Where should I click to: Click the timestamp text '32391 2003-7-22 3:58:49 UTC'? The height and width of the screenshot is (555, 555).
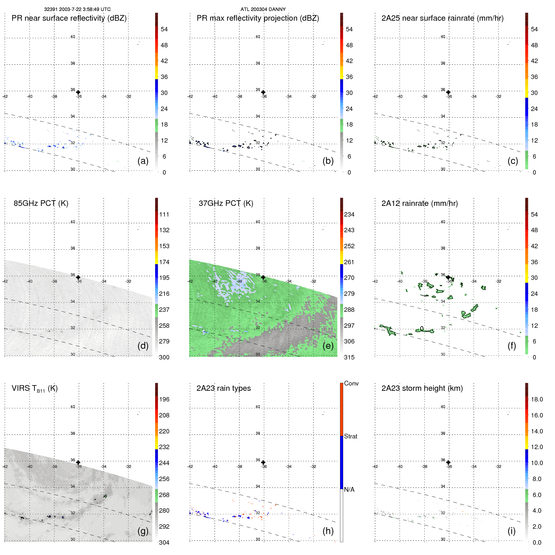(x=77, y=9)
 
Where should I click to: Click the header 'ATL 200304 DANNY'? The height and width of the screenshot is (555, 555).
(x=263, y=9)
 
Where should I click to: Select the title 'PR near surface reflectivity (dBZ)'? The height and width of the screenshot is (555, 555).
(x=69, y=18)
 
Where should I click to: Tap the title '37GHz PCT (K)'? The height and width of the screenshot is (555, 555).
(x=226, y=203)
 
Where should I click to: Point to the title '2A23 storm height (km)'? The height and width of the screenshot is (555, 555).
(x=422, y=388)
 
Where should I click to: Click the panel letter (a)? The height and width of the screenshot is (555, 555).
(x=143, y=161)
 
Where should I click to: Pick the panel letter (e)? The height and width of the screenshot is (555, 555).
(x=328, y=346)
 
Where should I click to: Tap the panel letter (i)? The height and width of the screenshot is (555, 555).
(x=511, y=531)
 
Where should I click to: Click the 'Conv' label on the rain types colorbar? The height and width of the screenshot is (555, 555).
(x=351, y=384)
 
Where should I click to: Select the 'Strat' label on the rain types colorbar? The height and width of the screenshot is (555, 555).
(x=351, y=437)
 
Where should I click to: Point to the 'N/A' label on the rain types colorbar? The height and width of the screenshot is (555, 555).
(x=349, y=490)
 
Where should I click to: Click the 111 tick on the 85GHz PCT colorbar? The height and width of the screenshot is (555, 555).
(x=164, y=215)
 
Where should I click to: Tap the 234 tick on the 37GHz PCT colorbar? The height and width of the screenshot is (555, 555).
(x=349, y=215)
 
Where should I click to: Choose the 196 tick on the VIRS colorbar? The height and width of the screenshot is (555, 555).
(x=164, y=400)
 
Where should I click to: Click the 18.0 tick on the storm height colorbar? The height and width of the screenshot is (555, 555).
(x=537, y=400)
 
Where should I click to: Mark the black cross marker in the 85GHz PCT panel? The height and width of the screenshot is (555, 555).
(x=78, y=277)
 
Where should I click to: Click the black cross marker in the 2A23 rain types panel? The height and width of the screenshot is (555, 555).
(x=263, y=462)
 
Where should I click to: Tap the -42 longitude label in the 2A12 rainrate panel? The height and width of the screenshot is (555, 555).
(x=375, y=281)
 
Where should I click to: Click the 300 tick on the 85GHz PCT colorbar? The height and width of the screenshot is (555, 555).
(x=164, y=358)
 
